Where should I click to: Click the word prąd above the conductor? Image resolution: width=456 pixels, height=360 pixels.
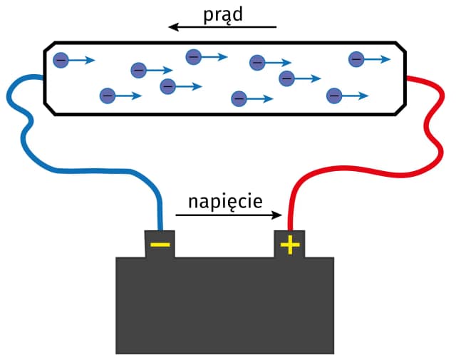click(223, 14)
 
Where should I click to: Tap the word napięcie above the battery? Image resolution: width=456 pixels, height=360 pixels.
click(225, 202)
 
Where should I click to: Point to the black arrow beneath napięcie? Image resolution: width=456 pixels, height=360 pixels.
click(229, 216)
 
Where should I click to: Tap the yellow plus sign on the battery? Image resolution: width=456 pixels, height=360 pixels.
click(289, 245)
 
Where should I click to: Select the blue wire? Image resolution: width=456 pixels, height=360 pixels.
click(85, 171)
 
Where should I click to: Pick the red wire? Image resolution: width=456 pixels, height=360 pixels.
click(356, 171)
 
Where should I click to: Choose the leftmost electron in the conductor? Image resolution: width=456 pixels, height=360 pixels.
click(61, 61)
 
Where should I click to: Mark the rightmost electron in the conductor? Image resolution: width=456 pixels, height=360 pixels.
click(356, 60)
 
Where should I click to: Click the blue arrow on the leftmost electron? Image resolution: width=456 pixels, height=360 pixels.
click(83, 61)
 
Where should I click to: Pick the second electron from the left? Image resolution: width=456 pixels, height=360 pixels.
click(107, 94)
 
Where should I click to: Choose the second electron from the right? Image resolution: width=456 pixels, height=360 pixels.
click(333, 95)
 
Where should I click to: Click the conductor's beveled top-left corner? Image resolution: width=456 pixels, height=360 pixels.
click(48, 46)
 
